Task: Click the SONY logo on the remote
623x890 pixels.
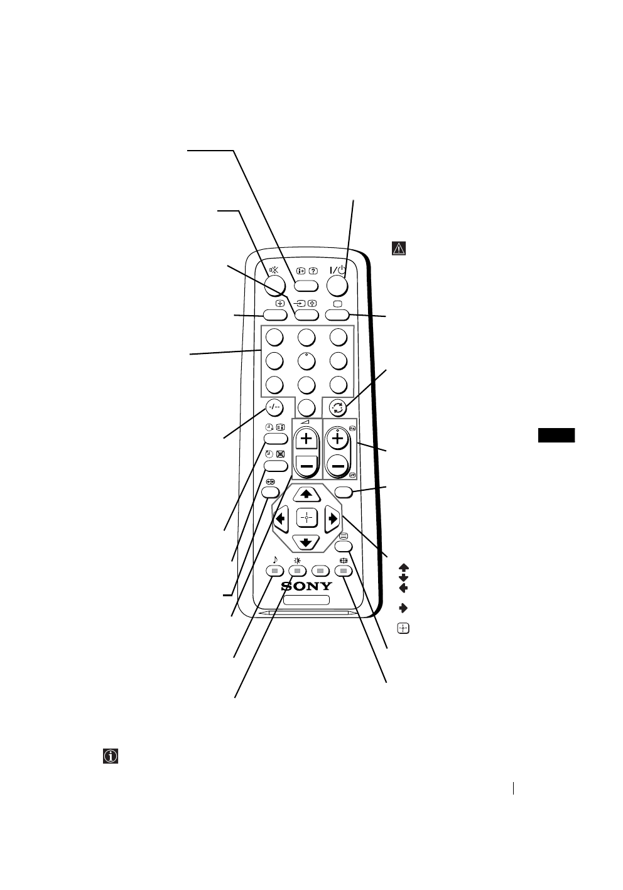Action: (x=306, y=586)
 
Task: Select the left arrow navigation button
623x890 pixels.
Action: (x=279, y=518)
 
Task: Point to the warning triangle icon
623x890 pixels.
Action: (x=399, y=249)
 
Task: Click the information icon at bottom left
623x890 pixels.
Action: (x=111, y=756)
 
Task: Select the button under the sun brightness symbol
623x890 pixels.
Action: (x=298, y=571)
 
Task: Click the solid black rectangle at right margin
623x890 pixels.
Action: (x=556, y=436)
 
